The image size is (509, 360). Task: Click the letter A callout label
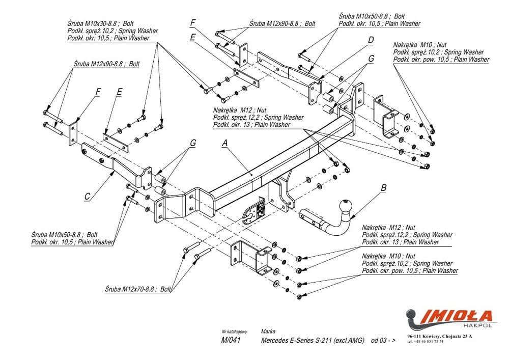[x=224, y=144]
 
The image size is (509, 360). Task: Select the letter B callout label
[x=383, y=187]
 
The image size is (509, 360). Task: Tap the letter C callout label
[x=88, y=195]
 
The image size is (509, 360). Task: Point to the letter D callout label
[x=371, y=40]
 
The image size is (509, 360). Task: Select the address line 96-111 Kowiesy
[x=439, y=336]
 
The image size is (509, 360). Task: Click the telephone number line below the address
[x=426, y=341]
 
